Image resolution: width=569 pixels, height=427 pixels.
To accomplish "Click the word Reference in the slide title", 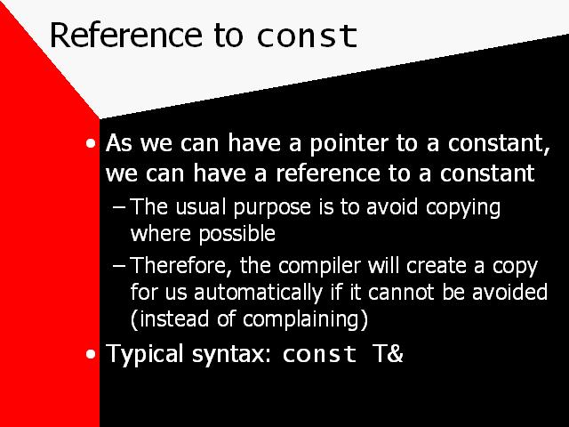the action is point(125,35).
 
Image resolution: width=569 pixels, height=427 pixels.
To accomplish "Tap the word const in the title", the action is point(307,36).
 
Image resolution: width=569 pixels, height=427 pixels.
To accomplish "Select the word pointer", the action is point(349,144).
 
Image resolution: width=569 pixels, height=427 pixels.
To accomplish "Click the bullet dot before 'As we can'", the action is point(91,143).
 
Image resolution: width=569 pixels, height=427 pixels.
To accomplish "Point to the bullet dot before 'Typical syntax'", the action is point(91,354).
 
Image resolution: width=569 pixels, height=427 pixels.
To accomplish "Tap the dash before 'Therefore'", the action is point(119,266).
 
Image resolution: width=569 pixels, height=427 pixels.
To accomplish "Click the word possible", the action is point(237,233).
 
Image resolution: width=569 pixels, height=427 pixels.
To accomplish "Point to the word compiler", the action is point(320,267).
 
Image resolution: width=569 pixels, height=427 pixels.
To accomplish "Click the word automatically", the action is point(258,293).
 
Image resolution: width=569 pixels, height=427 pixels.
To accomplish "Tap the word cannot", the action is point(401,293).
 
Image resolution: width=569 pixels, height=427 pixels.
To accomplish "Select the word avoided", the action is point(509,292).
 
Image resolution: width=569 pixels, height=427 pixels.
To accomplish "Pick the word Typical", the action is point(144,354).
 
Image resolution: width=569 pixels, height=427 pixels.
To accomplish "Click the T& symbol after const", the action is point(388,353).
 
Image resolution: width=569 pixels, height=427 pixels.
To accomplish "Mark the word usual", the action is point(203,207).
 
